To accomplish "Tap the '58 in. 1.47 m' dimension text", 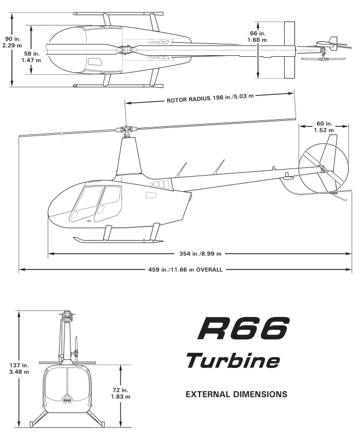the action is pyautogui.click(x=31, y=56).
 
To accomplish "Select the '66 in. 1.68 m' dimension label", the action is pyautogui.click(x=257, y=36).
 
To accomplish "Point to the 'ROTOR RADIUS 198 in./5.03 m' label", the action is pyautogui.click(x=210, y=98).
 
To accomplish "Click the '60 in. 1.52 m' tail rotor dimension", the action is pyautogui.click(x=324, y=127).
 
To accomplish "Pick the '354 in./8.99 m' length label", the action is pyautogui.click(x=200, y=254).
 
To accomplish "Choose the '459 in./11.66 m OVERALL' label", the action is pyautogui.click(x=185, y=269).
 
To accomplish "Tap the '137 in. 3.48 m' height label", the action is pyautogui.click(x=19, y=369).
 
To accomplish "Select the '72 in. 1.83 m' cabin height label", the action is pyautogui.click(x=120, y=393).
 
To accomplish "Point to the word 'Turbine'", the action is pyautogui.click(x=233, y=360).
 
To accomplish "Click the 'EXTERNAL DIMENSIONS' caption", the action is pyautogui.click(x=236, y=394).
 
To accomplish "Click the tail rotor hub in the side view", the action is pyautogui.click(x=322, y=167).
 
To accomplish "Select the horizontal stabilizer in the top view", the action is pyautogui.click(x=290, y=50).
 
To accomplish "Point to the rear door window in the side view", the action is pyautogui.click(x=108, y=203).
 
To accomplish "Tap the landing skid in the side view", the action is pyautogui.click(x=118, y=240).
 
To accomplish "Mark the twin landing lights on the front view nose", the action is pyautogui.click(x=67, y=399).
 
